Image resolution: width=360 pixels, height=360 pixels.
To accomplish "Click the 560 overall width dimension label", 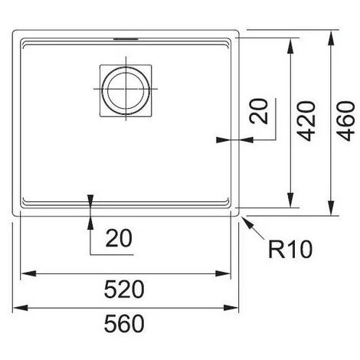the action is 124,323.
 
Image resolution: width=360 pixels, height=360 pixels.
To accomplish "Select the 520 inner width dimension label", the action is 124,290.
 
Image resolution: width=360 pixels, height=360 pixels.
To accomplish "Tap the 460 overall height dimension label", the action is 345,121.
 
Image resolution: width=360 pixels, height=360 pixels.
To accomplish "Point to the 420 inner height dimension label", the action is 307,121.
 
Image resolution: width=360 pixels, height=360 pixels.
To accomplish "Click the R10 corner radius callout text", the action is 290,249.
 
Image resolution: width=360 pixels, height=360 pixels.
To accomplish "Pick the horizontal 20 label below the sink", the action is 119,238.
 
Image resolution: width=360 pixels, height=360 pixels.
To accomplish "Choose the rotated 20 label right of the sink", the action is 259,111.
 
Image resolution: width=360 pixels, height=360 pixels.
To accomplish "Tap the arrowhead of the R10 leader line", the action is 247,222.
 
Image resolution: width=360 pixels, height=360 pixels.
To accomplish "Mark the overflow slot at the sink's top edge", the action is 126,39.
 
